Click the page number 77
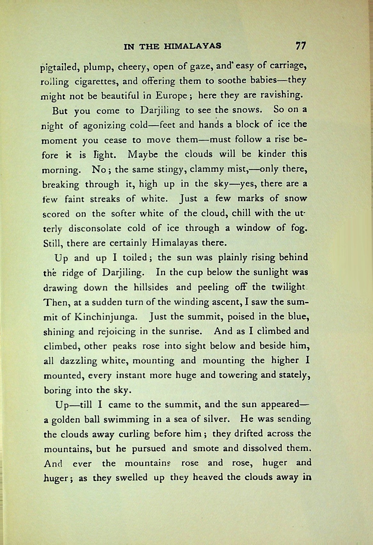coord(300,46)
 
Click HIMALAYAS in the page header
coord(192,46)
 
